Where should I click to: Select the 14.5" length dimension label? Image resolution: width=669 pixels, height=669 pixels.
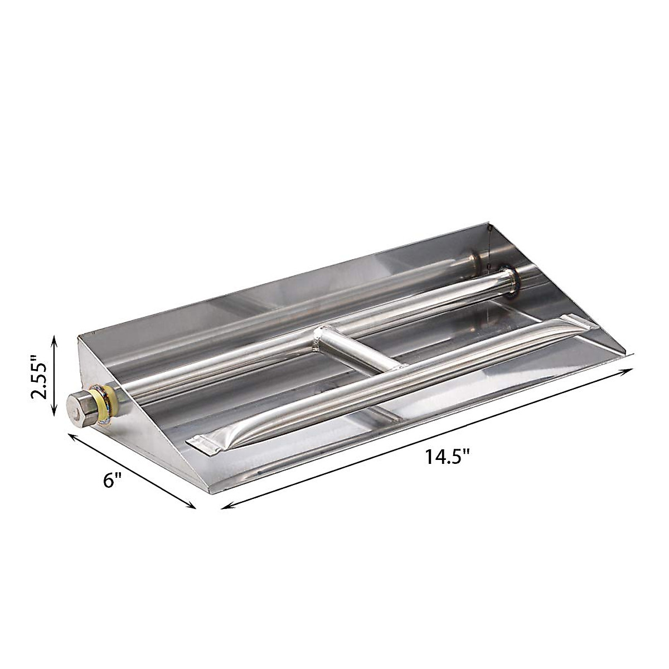click(447, 457)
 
